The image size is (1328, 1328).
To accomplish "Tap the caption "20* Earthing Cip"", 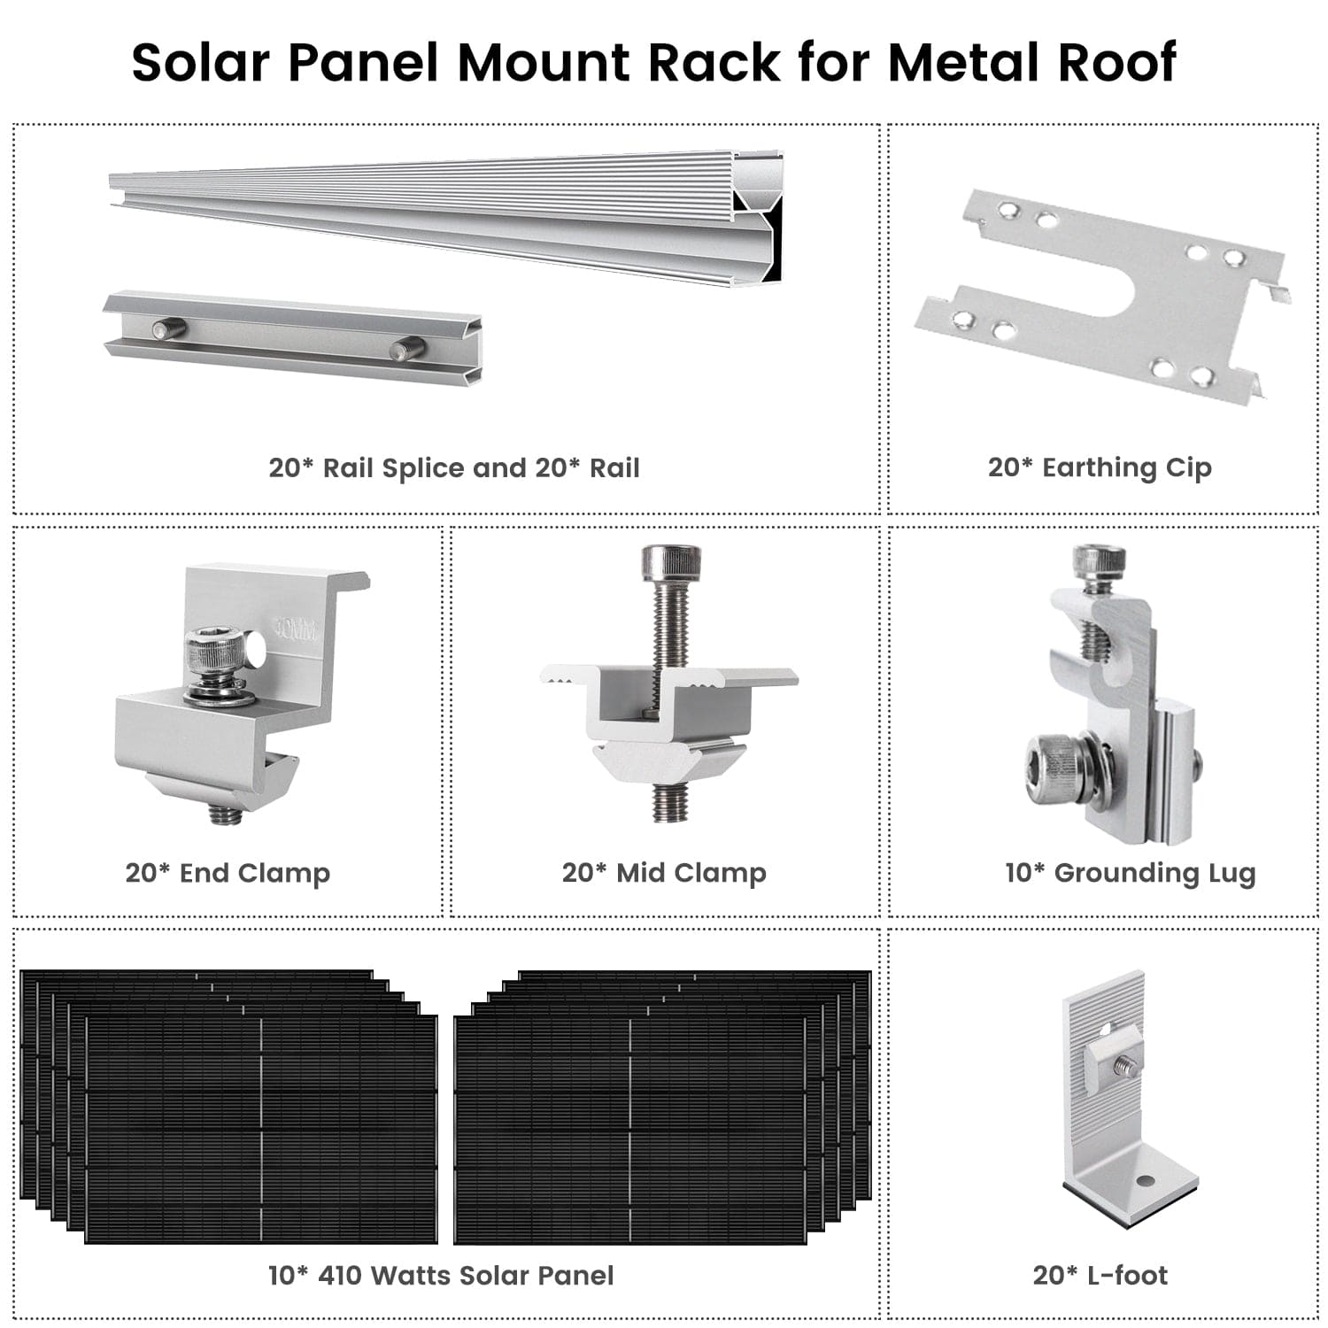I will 1100,467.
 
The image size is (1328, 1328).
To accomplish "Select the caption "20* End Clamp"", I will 228,873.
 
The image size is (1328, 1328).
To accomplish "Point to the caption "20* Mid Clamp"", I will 664,873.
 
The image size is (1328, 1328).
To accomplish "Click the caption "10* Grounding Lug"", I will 1130,873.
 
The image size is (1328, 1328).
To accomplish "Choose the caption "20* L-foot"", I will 1100,1275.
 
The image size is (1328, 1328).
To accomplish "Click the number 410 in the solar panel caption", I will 339,1275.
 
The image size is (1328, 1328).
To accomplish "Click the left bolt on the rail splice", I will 167,328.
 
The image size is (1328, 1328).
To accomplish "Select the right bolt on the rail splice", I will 407,348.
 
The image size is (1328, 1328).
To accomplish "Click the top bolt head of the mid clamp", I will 671,561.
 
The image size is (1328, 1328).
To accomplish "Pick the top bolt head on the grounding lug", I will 1099,560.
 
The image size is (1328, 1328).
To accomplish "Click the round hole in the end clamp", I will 256,647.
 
